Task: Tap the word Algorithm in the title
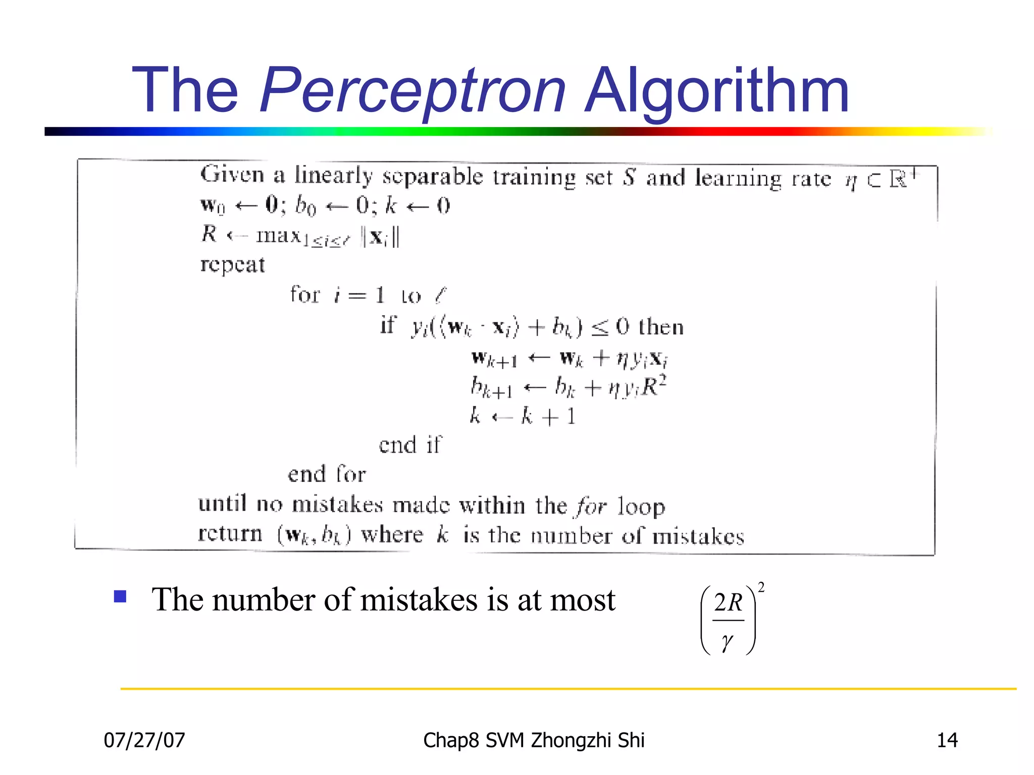click(x=717, y=91)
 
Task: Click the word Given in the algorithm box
click(x=232, y=175)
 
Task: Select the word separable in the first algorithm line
click(x=432, y=177)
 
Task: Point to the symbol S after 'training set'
click(x=629, y=178)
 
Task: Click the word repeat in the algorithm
click(x=232, y=265)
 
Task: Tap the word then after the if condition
click(x=661, y=327)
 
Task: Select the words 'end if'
click(x=410, y=445)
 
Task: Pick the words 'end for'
click(x=327, y=474)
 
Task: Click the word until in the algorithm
click(x=222, y=504)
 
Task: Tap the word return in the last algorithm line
click(x=230, y=534)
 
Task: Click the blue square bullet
click(x=120, y=597)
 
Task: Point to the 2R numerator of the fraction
click(x=728, y=603)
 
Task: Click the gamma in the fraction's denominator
click(x=727, y=642)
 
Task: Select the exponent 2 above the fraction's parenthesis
click(x=761, y=587)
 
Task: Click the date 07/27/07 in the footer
click(x=144, y=740)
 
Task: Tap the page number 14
click(x=947, y=740)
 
